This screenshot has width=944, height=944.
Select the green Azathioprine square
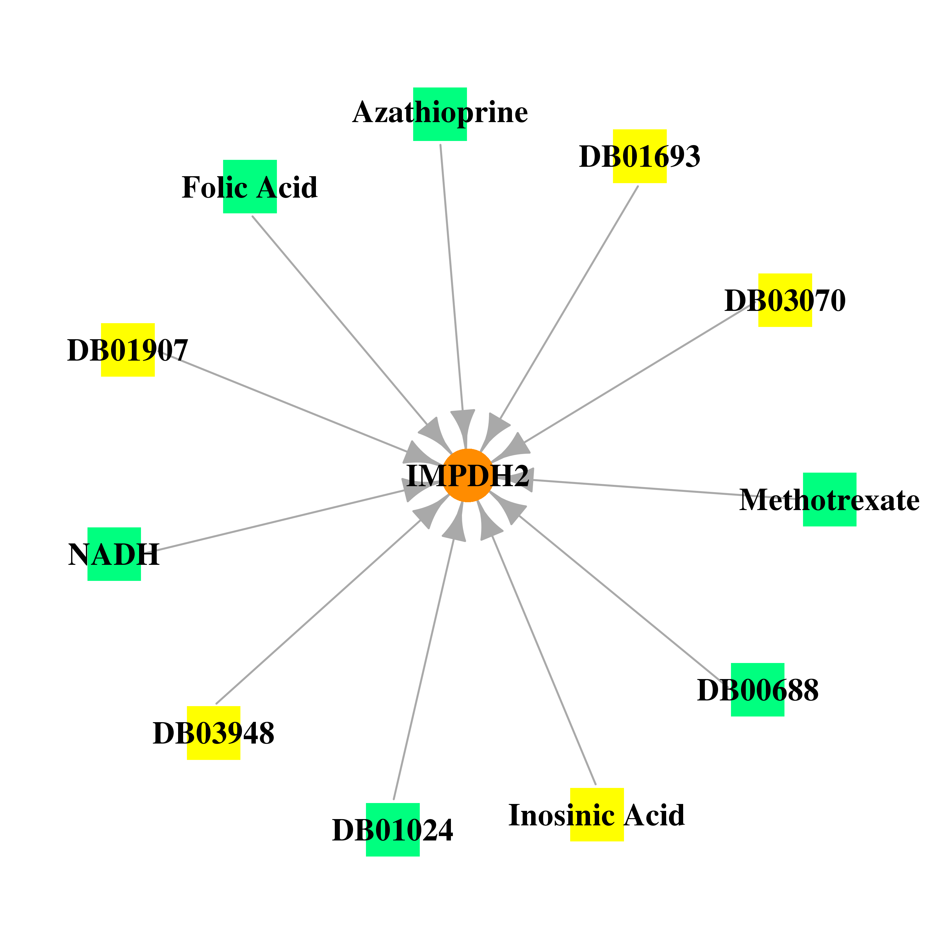(440, 114)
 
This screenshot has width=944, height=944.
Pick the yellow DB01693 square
(640, 156)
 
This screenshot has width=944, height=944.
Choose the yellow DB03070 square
(785, 300)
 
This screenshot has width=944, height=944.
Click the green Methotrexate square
(830, 499)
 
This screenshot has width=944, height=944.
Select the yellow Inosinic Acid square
(597, 815)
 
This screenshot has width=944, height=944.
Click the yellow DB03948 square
(214, 733)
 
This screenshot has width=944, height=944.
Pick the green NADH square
(114, 554)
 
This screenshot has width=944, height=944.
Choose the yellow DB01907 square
(128, 350)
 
